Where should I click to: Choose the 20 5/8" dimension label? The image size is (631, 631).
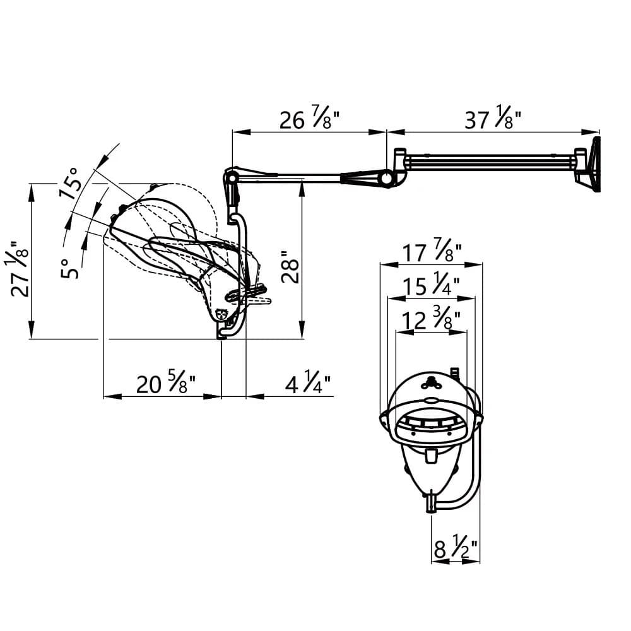[165, 384]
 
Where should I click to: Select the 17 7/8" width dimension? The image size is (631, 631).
[432, 252]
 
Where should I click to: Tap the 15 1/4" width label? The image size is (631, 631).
[432, 286]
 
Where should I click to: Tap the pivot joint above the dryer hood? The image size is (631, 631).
[232, 179]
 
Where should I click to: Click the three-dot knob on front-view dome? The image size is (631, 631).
[432, 380]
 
